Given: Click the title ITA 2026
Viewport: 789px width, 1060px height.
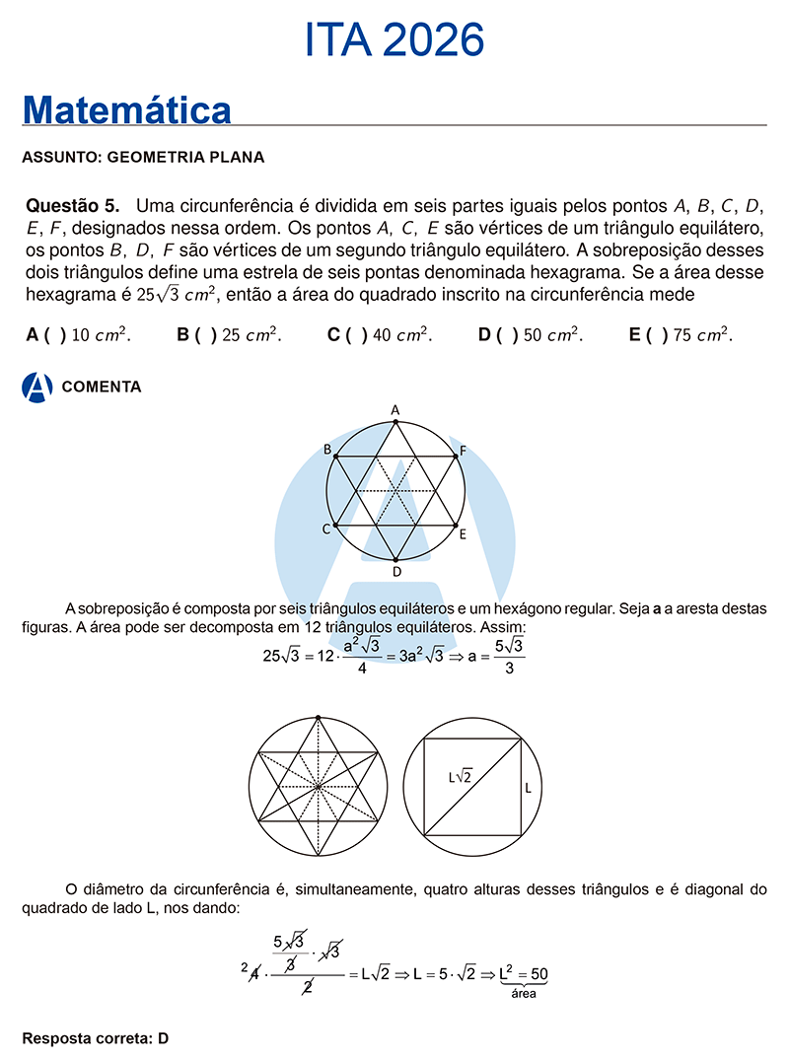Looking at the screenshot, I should click(394, 40).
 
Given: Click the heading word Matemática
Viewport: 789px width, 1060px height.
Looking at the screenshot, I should click(126, 109).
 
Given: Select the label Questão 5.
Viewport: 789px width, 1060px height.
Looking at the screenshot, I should click(72, 206).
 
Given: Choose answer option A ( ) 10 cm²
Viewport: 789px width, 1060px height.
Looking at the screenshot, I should click(79, 335).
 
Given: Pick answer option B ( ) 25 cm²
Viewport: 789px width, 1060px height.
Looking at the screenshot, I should click(230, 335).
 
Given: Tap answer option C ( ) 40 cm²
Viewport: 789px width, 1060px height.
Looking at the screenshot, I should click(380, 335).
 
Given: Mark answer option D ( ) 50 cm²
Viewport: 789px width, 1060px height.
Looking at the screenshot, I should click(531, 335).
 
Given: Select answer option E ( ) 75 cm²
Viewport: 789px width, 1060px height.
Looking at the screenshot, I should click(681, 335).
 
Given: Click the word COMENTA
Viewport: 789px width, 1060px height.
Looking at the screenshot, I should click(102, 387).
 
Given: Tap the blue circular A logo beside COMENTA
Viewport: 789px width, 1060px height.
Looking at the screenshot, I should click(36, 388).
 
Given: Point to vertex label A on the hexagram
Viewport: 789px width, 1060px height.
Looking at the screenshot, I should click(395, 409).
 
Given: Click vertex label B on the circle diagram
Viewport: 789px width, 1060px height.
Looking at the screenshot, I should click(327, 450).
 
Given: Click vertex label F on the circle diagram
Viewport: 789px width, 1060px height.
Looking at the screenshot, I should click(463, 451).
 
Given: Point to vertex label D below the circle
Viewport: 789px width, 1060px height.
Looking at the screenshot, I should click(396, 571).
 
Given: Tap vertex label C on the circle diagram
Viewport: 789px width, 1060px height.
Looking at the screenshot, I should click(325, 530).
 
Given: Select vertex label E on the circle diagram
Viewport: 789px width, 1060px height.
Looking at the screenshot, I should click(462, 533).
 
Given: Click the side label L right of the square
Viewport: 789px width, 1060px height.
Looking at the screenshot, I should click(528, 788).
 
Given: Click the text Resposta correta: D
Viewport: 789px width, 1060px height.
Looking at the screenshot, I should click(96, 1038).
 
